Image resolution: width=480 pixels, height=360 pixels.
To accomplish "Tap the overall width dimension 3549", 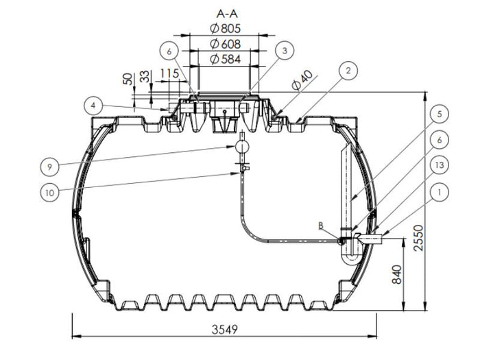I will (x=224, y=330).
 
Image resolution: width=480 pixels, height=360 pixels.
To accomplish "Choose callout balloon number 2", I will (x=348, y=69).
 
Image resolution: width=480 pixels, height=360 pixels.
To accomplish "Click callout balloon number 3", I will (x=285, y=50).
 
